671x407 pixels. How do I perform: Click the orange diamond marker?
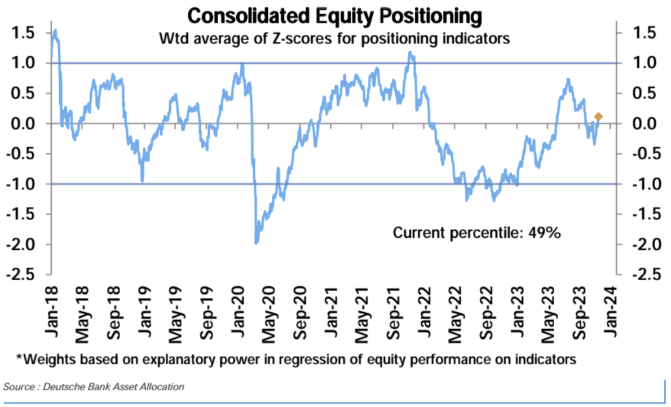(598, 117)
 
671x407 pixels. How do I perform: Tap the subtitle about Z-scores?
(335, 39)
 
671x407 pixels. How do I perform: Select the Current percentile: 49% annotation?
(476, 233)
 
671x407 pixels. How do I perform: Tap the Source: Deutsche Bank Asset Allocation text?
(94, 387)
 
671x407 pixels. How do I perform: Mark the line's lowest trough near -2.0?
(257, 243)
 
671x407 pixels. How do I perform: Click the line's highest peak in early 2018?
(55, 30)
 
